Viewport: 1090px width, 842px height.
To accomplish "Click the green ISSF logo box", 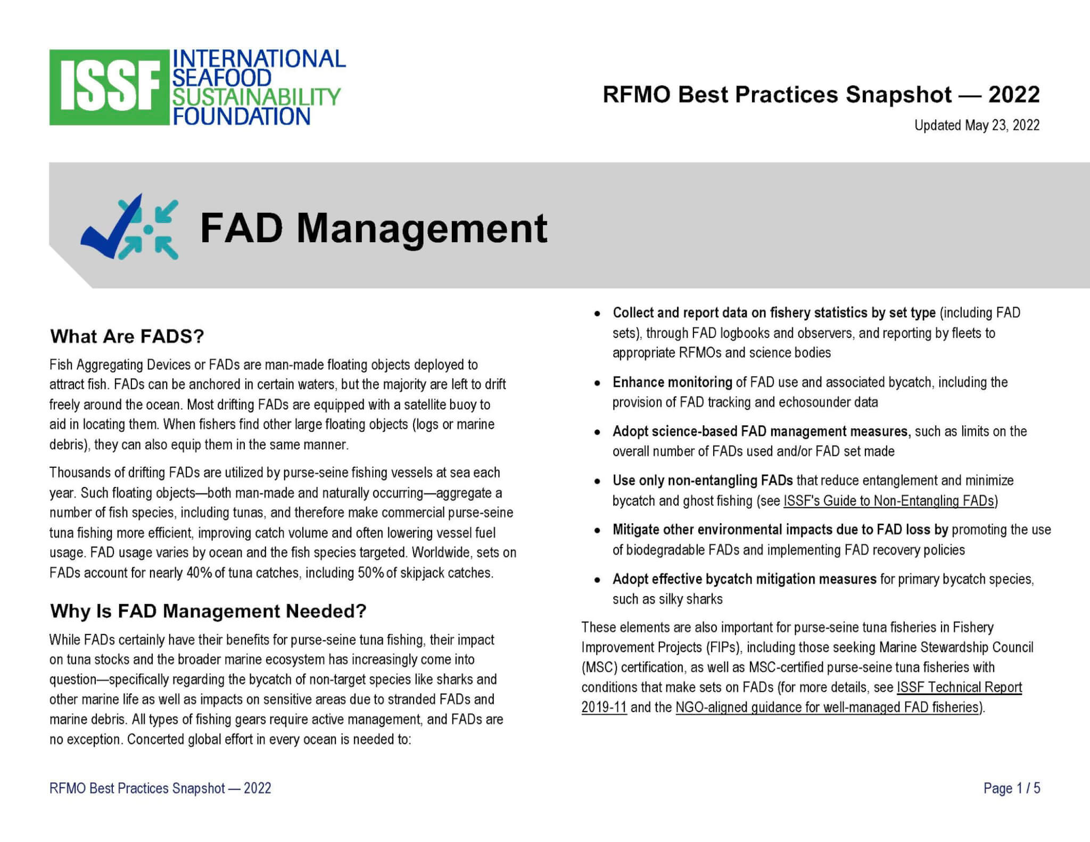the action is click(109, 87).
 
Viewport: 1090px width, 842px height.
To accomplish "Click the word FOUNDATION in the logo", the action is click(241, 116).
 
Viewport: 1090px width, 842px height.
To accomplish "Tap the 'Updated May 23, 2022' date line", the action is click(977, 125).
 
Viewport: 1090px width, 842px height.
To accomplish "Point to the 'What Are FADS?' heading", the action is click(127, 336).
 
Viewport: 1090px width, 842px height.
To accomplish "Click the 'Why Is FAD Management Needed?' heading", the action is click(208, 611).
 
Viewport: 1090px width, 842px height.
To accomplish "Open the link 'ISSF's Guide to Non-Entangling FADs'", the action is click(889, 501).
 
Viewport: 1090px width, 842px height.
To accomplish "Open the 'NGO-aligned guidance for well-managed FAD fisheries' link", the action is click(828, 707).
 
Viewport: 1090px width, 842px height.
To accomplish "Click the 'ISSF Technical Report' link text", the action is click(960, 687).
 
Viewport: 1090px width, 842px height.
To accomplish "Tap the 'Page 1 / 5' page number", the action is click(1012, 788).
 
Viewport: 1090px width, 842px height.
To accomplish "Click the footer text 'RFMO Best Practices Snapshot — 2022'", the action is click(160, 788).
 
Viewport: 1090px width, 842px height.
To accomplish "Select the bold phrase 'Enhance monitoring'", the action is click(672, 382).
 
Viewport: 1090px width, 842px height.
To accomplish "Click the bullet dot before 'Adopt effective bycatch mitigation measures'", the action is click(598, 580).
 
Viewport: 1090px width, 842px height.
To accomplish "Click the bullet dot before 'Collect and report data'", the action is click(598, 314).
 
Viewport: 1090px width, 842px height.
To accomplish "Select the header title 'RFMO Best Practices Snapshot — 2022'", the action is click(821, 95).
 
